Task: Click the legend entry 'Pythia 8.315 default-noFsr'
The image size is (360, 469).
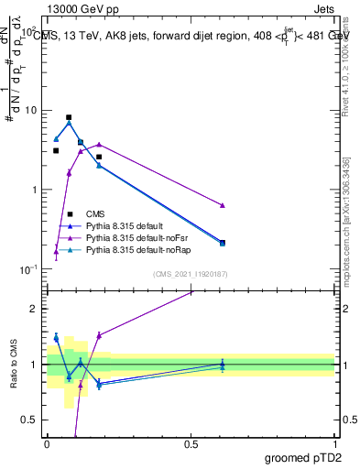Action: pyautogui.click(x=144, y=236)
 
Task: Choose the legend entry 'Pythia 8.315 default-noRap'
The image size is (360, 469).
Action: pyautogui.click(x=145, y=248)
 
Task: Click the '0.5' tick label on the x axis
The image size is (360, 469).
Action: pyautogui.click(x=191, y=443)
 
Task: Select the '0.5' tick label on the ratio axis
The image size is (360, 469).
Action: pyautogui.click(x=33, y=420)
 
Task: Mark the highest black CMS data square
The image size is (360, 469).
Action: pyautogui.click(x=69, y=117)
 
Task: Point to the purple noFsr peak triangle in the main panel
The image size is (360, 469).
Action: pyautogui.click(x=99, y=144)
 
